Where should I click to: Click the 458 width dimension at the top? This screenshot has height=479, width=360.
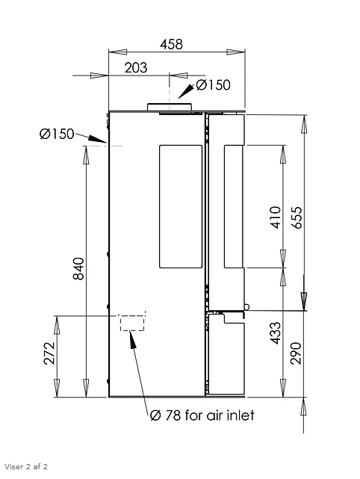(171, 44)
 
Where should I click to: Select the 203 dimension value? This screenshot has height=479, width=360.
(136, 67)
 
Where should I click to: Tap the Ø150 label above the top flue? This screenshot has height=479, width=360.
(213, 85)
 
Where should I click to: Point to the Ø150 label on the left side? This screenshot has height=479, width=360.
(57, 134)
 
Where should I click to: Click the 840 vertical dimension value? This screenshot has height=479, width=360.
(78, 268)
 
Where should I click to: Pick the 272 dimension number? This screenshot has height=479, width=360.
(49, 353)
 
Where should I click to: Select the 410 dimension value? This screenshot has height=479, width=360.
(276, 217)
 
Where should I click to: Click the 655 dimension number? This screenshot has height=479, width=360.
(297, 217)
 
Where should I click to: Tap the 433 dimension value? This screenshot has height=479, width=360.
(276, 333)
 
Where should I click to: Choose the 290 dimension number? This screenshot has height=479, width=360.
(296, 353)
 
